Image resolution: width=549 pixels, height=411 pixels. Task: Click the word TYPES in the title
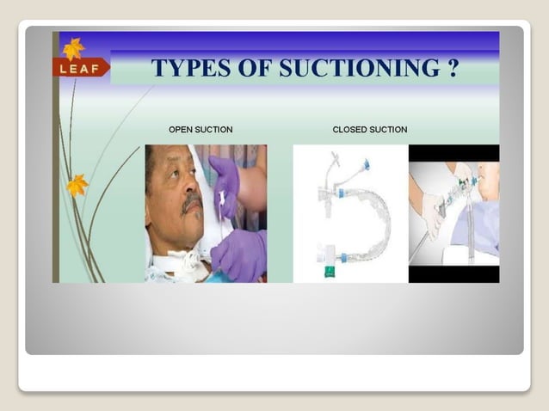click(191, 68)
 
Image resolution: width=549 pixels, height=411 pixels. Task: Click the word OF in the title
click(252, 68)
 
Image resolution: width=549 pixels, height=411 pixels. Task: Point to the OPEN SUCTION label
click(200, 130)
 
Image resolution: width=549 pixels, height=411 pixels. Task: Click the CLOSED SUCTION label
click(370, 130)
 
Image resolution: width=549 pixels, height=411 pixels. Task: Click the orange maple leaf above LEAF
click(73, 48)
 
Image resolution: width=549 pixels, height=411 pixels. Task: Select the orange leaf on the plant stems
click(78, 184)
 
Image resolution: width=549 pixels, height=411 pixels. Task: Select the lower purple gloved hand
click(239, 254)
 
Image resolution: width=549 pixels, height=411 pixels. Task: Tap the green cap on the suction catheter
click(330, 272)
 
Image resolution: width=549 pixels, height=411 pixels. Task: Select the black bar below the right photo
click(453, 274)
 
